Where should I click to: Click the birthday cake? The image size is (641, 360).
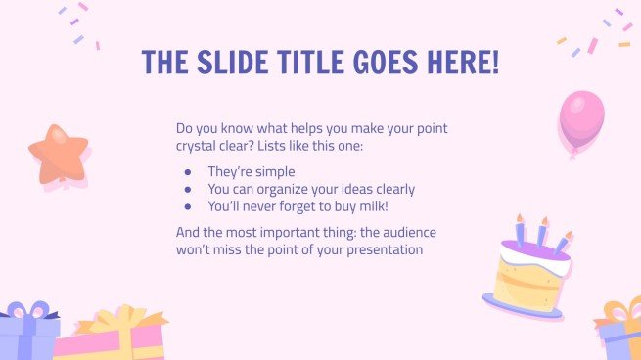[529, 274]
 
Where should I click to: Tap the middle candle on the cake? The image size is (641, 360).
[539, 235]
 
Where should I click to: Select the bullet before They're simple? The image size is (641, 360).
[188, 171]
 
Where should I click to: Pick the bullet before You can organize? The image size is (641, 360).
[188, 189]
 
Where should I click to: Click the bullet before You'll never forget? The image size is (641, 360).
[188, 206]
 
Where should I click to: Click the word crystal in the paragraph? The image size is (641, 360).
[197, 147]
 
